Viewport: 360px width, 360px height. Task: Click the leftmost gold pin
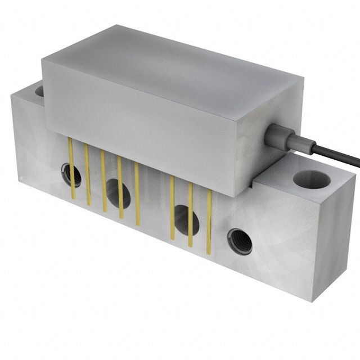coord(71,169)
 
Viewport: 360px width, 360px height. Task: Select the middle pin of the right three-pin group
coord(190,214)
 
